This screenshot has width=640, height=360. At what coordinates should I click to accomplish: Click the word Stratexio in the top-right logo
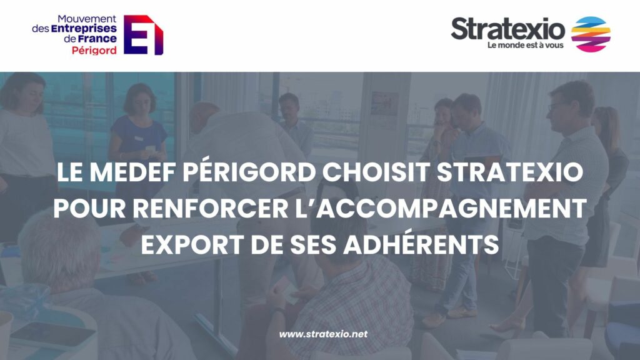point(507,29)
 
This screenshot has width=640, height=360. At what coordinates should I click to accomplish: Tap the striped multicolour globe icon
point(590,34)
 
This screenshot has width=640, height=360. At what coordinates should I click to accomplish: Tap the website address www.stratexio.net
point(323,334)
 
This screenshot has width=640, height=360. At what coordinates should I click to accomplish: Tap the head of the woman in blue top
point(138,99)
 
